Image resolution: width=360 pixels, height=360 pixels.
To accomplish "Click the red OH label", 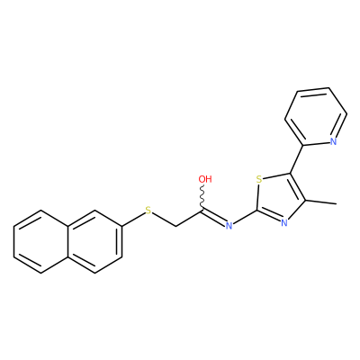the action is click(205, 179).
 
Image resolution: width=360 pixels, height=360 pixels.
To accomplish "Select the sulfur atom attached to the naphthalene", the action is click(148, 211).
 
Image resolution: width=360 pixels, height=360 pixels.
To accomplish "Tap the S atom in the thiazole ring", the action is click(259, 180).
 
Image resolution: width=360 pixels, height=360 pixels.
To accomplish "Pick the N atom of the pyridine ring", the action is click(333, 141).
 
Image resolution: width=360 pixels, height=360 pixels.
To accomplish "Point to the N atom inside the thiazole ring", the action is click(284, 222).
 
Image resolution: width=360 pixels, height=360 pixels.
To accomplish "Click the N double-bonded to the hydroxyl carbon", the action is click(229, 226).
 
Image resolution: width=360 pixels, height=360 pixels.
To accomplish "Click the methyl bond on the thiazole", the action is click(320, 202).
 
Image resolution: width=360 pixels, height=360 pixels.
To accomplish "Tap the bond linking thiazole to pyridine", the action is click(296, 159).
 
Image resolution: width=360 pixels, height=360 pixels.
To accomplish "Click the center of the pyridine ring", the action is click(316, 117).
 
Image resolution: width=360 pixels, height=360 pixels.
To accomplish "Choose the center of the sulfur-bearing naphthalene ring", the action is click(95, 241).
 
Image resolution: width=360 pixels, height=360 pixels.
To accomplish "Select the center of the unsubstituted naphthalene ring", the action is click(41, 241).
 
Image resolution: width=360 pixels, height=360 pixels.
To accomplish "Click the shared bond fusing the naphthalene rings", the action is click(68, 241).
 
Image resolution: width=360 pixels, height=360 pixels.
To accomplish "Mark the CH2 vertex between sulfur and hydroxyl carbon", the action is click(175, 226).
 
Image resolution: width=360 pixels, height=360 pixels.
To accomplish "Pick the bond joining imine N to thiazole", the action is click(245, 217).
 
